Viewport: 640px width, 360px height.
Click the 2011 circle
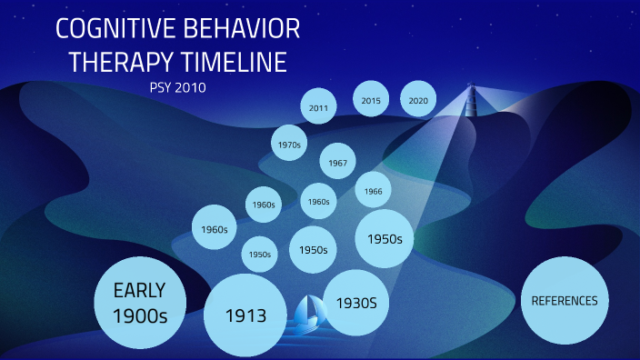click(318, 107)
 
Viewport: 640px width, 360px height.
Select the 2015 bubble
click(370, 99)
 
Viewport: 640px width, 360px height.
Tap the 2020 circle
click(418, 100)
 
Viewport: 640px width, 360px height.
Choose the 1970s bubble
click(291, 144)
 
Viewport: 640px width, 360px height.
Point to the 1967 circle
click(337, 162)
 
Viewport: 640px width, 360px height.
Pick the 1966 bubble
click(373, 191)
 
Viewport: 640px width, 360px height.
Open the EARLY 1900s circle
click(139, 304)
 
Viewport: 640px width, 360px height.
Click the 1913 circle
click(246, 316)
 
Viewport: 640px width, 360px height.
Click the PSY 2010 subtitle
click(177, 88)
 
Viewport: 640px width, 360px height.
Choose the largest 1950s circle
click(385, 238)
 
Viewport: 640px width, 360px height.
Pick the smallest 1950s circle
click(260, 255)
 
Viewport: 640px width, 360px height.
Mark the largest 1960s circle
click(215, 229)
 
